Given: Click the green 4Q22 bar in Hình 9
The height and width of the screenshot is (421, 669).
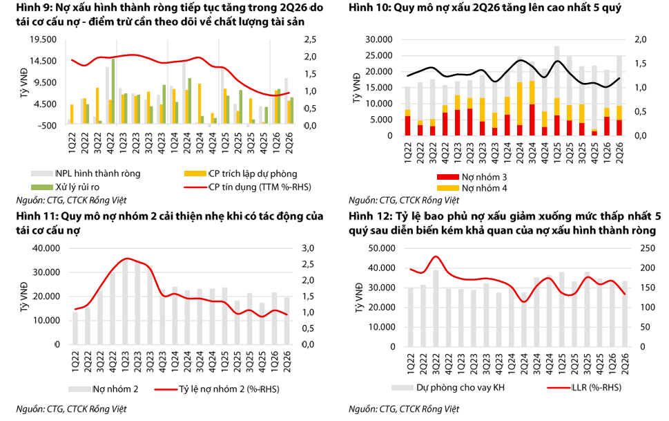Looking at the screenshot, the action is point(113,91).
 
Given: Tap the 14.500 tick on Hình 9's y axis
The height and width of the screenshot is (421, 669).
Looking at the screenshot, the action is point(43,61).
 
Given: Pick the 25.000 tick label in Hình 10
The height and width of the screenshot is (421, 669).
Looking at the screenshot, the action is point(379,55).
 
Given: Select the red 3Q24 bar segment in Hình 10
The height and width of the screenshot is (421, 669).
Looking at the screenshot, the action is point(532,120).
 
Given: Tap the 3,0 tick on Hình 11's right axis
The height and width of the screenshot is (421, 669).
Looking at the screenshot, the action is point(308,248).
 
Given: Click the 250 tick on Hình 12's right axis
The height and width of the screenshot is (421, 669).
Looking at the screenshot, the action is point(647,248).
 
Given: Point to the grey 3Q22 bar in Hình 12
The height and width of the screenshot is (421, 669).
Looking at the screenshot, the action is point(436,308).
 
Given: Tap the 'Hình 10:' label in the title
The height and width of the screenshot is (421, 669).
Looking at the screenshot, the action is point(369,8).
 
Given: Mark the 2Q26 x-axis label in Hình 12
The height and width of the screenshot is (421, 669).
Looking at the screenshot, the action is point(626,364).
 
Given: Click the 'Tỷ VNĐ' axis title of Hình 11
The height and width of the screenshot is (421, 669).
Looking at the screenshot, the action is point(24,297).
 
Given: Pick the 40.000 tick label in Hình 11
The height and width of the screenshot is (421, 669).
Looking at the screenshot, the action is point(46,248).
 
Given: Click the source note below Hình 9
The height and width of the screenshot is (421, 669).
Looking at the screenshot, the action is point(71,200).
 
